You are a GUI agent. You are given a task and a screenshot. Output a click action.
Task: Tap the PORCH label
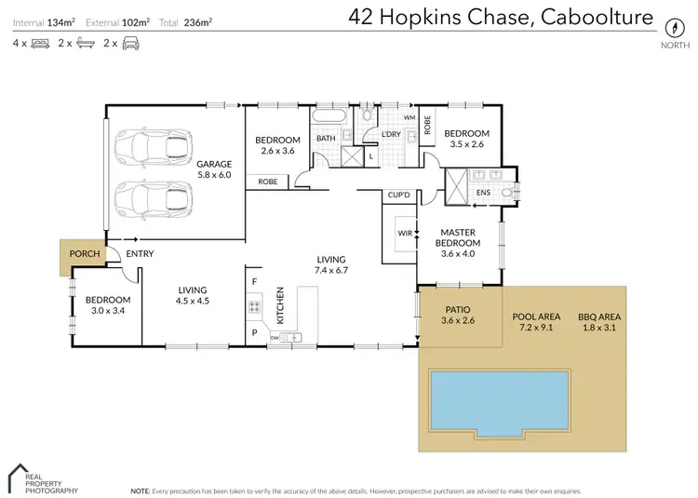click(x=78, y=253)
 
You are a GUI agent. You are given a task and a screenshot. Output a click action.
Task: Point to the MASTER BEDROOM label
click(x=458, y=237)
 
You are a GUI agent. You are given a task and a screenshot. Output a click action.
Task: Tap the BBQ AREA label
click(x=598, y=322)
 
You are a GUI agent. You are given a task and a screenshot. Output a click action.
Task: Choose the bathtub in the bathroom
click(x=328, y=117)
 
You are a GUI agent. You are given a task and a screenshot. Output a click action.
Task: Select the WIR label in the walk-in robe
click(x=404, y=233)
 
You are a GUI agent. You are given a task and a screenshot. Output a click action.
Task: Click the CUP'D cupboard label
click(x=399, y=195)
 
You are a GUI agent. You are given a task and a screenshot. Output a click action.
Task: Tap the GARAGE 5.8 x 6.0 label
click(x=213, y=169)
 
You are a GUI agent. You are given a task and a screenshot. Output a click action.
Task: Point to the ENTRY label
click(x=140, y=253)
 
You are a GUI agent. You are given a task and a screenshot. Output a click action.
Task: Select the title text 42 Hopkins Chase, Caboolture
click(x=500, y=17)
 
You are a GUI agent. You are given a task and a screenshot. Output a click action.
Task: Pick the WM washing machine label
click(x=409, y=118)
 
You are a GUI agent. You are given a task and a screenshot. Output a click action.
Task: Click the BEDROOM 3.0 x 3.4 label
click(x=108, y=305)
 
